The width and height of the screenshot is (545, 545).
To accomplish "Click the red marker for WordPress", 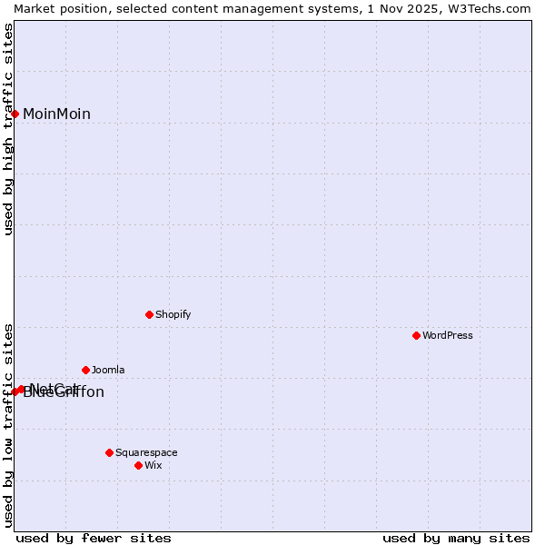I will click(x=416, y=335).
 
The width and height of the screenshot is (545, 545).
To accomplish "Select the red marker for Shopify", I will click(x=149, y=314).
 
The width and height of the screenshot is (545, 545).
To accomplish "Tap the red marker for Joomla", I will click(x=85, y=370).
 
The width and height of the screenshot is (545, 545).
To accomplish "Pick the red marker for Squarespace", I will click(x=109, y=452).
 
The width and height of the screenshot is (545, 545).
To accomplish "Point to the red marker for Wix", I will click(x=138, y=465).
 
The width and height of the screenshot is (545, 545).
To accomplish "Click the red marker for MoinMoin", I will click(x=15, y=114).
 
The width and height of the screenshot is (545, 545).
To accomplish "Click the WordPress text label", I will click(x=448, y=335).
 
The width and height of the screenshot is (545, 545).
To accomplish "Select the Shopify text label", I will click(x=173, y=314).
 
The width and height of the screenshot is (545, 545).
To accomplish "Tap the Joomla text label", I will click(x=108, y=370).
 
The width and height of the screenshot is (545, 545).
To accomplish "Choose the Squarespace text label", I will click(x=146, y=452).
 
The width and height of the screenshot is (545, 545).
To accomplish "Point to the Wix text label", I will click(x=154, y=465).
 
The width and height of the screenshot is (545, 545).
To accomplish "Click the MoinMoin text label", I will click(x=56, y=114).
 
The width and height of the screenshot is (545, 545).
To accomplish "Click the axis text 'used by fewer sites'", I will click(x=94, y=538).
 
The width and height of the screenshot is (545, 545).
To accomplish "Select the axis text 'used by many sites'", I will click(x=456, y=538).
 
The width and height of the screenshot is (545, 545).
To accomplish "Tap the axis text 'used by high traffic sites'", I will click(x=8, y=129).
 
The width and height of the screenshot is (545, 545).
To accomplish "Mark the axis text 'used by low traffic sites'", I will click(x=8, y=424).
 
